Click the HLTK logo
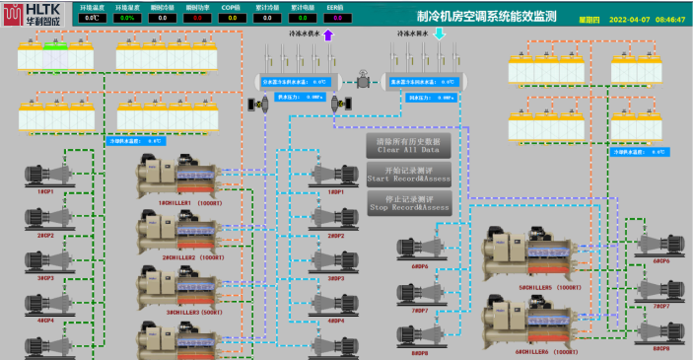click(32, 17)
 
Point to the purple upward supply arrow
click(328, 36)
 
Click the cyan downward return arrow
click(441, 36)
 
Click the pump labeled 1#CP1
click(45, 175)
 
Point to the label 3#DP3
click(335, 278)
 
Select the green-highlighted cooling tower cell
click(53, 47)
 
